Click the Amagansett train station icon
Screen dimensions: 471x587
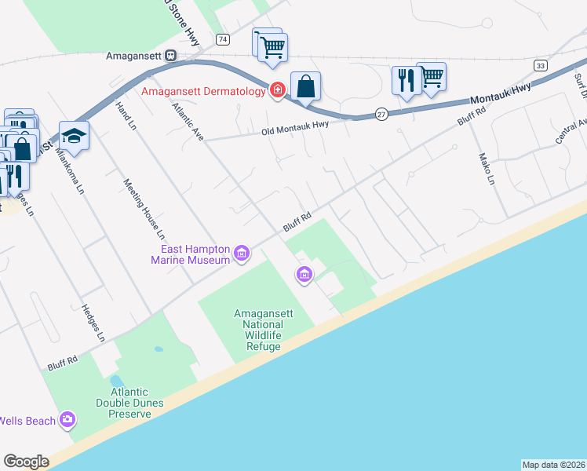pyautogui.click(x=171, y=57)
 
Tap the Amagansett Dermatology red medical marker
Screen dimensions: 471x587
pyautogui.click(x=277, y=92)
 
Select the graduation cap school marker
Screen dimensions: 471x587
pyautogui.click(x=74, y=136)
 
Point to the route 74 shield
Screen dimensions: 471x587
pyautogui.click(x=224, y=39)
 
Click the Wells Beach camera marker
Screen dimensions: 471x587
pyautogui.click(x=67, y=420)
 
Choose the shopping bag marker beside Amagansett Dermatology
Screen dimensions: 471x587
pyautogui.click(x=305, y=86)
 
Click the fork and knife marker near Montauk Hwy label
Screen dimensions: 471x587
pyautogui.click(x=406, y=80)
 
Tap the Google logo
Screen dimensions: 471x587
pyautogui.click(x=26, y=462)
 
